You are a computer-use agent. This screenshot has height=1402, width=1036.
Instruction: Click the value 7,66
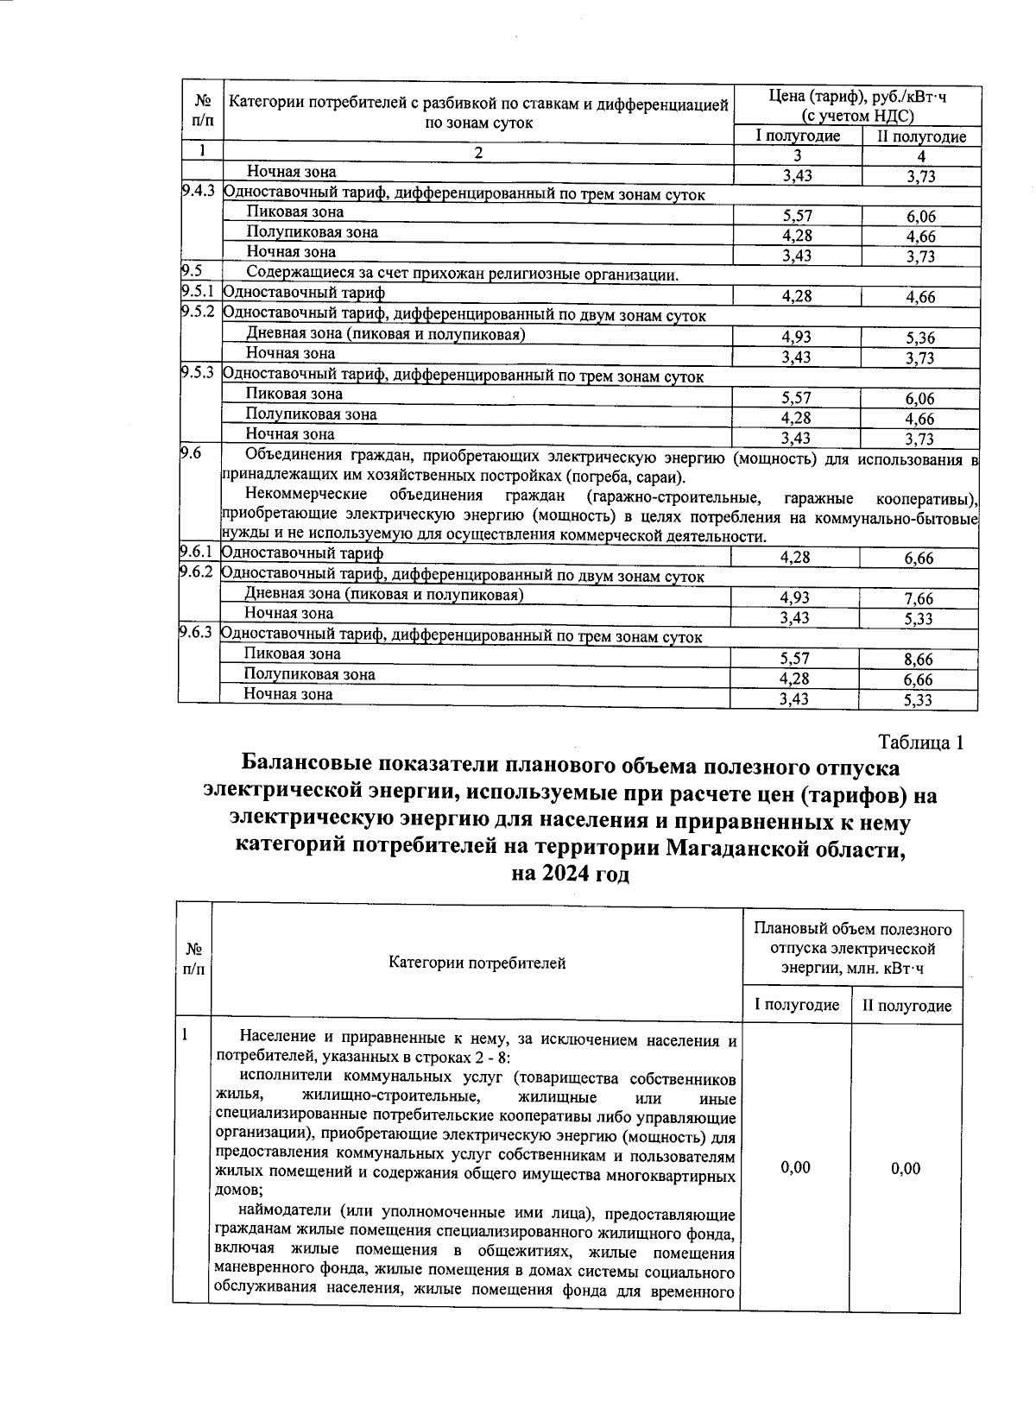pos(919,599)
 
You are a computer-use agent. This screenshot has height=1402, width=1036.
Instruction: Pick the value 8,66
pos(919,660)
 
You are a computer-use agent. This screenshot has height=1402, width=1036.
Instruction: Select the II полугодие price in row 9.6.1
pos(919,559)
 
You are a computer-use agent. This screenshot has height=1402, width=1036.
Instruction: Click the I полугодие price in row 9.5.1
pos(796,296)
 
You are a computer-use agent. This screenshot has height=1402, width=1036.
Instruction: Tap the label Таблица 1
pos(919,742)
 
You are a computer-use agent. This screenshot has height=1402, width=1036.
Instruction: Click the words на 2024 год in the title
pos(570,874)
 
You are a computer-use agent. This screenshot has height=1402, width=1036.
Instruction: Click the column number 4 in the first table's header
pos(921,156)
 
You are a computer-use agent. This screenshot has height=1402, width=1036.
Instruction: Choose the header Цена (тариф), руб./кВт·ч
pos(856,97)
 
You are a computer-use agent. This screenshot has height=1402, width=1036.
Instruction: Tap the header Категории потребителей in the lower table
pos(477,963)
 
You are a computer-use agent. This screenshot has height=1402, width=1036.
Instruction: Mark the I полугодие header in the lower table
pos(796,1005)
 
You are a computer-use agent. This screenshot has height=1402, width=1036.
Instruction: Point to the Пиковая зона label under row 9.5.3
pos(294,394)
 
